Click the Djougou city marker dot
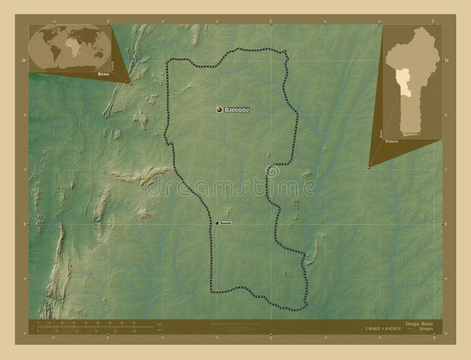pos(219,109)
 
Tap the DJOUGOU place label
pos(240,109)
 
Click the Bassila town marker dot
pos(217,223)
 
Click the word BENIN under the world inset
pos(99,76)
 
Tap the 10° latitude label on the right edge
pos(446,60)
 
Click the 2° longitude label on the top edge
pos(270,21)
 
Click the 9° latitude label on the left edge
pos(24,224)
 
